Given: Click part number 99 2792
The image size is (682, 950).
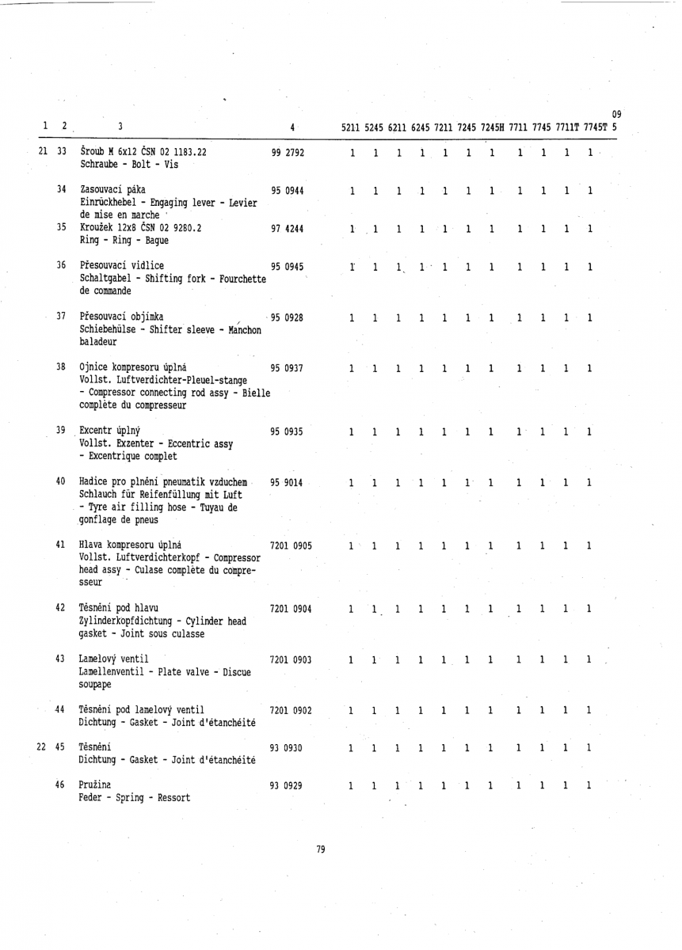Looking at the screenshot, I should (288, 152).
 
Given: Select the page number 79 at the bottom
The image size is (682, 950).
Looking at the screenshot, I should (321, 849).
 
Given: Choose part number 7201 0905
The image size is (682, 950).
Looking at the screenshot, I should (291, 545).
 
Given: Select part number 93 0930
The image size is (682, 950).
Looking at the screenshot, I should (288, 747).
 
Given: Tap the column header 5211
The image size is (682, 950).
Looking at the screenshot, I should (352, 127).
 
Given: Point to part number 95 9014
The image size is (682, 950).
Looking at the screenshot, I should (288, 481).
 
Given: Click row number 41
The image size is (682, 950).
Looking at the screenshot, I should (61, 545).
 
